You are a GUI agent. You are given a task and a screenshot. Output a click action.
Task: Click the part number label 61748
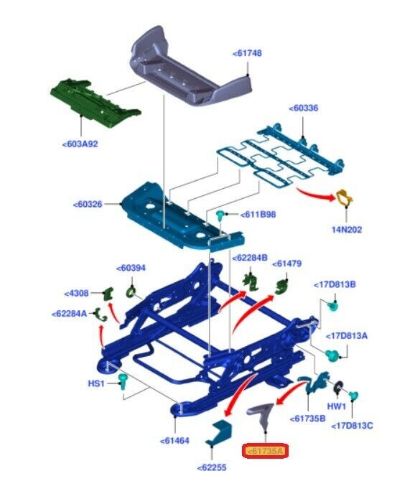[247, 53]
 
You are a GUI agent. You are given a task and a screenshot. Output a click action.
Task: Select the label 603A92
[80, 144]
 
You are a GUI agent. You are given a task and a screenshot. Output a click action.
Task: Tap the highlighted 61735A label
[265, 452]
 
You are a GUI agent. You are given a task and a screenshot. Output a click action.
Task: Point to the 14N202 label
[347, 230]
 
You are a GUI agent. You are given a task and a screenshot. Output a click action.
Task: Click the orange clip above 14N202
[345, 197]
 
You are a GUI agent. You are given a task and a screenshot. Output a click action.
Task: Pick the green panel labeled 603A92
[95, 103]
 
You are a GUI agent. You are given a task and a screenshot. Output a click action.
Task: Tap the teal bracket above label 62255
[218, 432]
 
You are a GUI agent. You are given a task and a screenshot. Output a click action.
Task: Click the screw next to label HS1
[123, 381]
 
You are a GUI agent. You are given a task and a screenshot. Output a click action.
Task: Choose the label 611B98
[258, 215]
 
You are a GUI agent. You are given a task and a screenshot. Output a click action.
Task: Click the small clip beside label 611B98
[221, 215]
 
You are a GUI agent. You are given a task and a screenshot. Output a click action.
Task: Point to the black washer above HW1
[338, 386]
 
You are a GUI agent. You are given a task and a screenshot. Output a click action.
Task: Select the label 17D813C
[352, 426]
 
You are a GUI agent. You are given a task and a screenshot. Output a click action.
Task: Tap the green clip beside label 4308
[108, 293]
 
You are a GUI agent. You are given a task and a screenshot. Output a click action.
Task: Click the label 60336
[304, 108]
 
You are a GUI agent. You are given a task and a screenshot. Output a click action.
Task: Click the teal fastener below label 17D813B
[333, 306]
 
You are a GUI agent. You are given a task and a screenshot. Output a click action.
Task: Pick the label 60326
[88, 204]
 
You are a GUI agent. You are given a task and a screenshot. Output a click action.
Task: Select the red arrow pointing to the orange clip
[316, 194]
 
